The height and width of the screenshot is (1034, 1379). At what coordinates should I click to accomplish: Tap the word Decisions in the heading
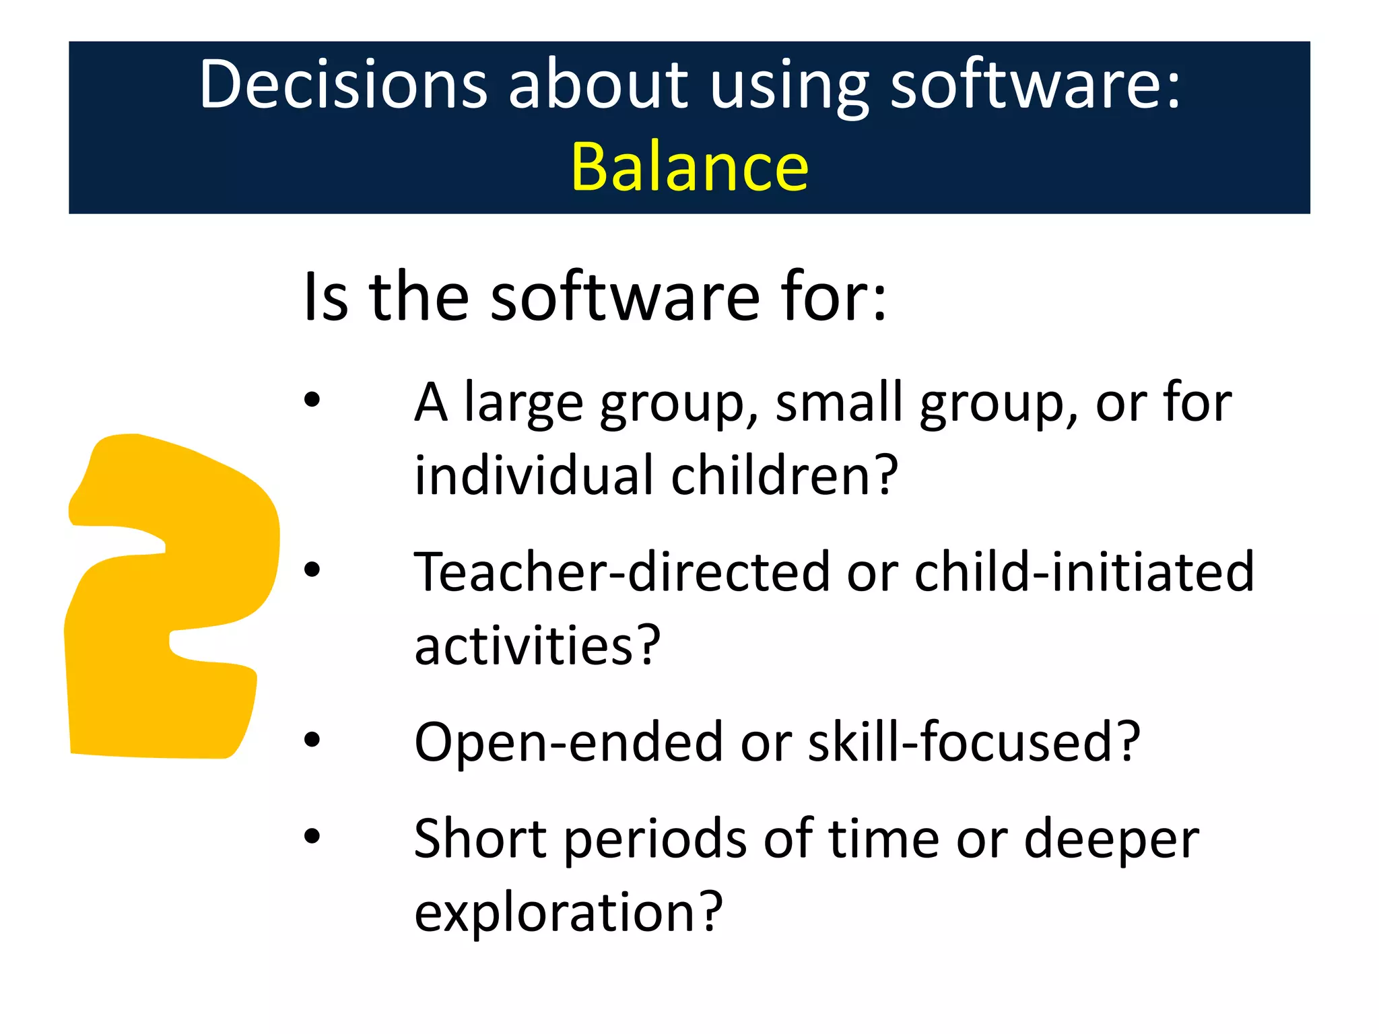343,85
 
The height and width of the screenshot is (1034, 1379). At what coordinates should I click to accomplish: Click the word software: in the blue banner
1035,85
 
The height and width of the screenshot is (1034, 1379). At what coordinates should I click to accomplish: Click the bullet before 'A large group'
312,401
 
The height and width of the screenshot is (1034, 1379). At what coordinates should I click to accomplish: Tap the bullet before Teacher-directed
312,570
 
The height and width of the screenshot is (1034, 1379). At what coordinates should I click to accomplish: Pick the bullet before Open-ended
312,740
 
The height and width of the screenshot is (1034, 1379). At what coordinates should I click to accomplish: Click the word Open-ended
568,742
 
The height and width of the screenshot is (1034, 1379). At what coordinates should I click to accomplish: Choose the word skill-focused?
974,742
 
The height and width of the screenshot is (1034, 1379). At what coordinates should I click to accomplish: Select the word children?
784,475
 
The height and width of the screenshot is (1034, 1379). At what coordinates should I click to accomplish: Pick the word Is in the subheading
326,298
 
